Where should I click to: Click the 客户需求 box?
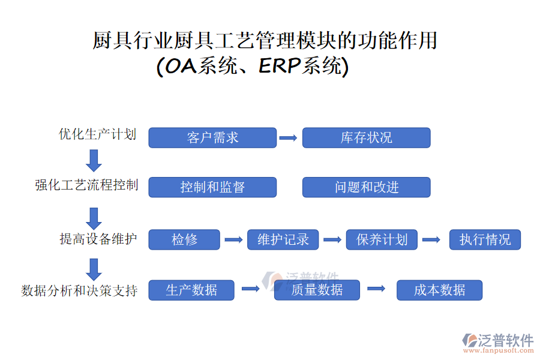pos(212,137)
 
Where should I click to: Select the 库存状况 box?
pos(366,137)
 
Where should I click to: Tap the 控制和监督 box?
pos(212,187)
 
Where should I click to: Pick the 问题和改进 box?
pos(366,187)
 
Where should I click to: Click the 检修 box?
pos(184,240)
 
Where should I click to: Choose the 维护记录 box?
pos(283,240)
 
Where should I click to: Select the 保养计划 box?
pos(382,240)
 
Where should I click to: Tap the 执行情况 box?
pos(485,240)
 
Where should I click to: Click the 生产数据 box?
pos(191,290)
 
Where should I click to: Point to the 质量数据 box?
pos(317,290)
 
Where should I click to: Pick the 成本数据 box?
pos(439,290)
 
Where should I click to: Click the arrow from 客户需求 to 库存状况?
pos(289,138)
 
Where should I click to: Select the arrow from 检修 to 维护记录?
pos(233,240)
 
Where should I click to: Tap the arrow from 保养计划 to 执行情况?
pos(431,240)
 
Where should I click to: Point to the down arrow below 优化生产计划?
pos(94,160)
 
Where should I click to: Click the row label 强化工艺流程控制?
pos(86,185)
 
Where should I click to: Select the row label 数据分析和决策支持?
pos(79,291)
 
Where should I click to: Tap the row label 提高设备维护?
pos(98,239)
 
